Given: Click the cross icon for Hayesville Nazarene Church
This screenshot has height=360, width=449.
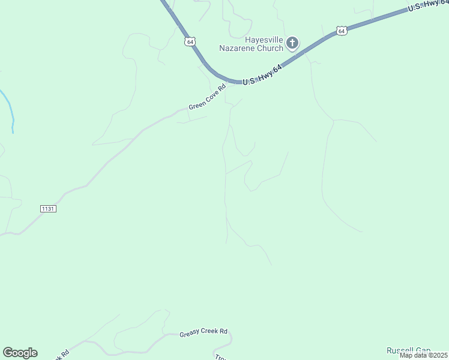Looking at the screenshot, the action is click(x=292, y=43).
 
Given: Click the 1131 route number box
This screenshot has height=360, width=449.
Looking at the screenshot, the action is click(x=48, y=208).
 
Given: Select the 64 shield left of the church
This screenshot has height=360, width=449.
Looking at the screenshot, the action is click(x=190, y=41).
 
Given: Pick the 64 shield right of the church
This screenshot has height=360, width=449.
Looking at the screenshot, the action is click(x=341, y=30).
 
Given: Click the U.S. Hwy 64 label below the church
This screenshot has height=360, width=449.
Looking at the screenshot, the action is click(x=262, y=75).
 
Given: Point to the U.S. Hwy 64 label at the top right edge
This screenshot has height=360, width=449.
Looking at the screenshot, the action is click(x=428, y=6).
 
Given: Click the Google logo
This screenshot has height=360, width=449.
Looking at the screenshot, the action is click(x=20, y=353).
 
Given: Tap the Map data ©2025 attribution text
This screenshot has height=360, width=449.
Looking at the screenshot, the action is click(x=423, y=355).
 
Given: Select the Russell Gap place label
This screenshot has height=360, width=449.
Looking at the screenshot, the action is click(x=408, y=350).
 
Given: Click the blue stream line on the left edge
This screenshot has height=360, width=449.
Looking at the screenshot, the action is click(x=8, y=105).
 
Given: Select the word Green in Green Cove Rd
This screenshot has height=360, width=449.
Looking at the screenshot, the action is click(x=196, y=104).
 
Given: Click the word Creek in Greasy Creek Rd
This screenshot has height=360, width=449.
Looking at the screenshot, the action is click(x=209, y=331).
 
